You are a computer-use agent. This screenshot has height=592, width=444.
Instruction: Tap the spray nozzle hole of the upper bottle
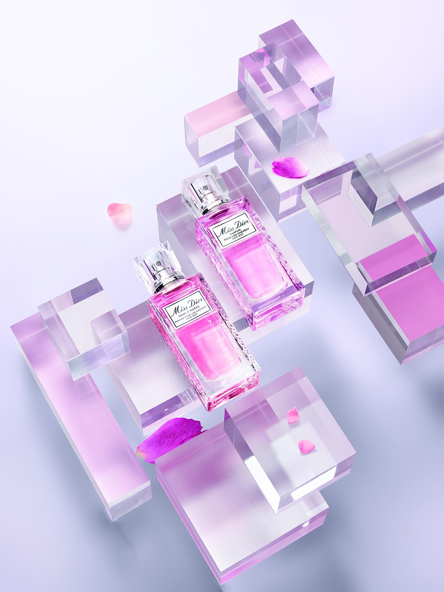206,187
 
